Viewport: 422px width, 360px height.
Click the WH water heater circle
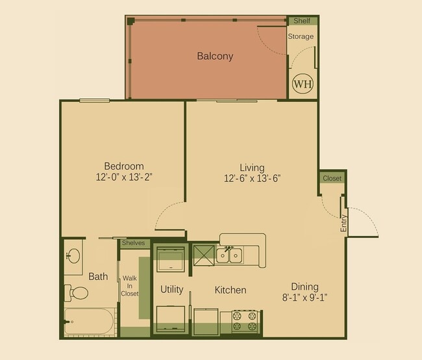coord(303,84)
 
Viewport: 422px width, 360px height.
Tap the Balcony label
coord(215,56)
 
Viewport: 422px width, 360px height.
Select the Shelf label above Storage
coord(302,21)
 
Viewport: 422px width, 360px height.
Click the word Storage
coord(301,36)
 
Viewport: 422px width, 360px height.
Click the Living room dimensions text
coord(253,178)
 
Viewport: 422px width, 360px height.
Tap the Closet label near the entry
coord(332,178)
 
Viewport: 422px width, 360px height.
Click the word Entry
coord(343,224)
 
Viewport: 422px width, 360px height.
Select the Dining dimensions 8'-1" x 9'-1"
coord(304,298)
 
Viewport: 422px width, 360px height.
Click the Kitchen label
coord(230,290)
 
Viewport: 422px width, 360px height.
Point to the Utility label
coord(171,289)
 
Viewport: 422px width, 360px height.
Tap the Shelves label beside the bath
coord(134,243)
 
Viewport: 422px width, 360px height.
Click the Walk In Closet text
coord(129,285)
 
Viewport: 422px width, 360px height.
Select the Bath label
coord(98,277)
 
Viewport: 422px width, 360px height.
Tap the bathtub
coord(90,321)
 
